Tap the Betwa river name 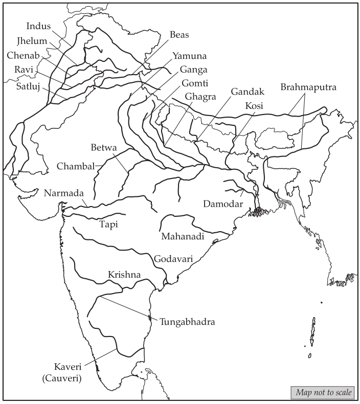click(x=104, y=148)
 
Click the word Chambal click(x=76, y=166)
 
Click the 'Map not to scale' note click(x=323, y=392)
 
